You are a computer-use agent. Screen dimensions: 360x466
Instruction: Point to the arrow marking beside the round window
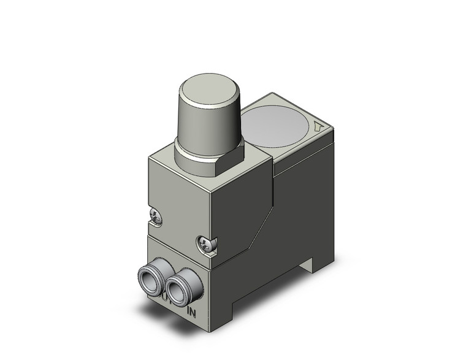pos(318,128)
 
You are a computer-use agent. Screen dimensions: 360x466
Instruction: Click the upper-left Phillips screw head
pos(156,215)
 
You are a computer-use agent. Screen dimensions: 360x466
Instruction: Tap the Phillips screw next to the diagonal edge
pos(206,244)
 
